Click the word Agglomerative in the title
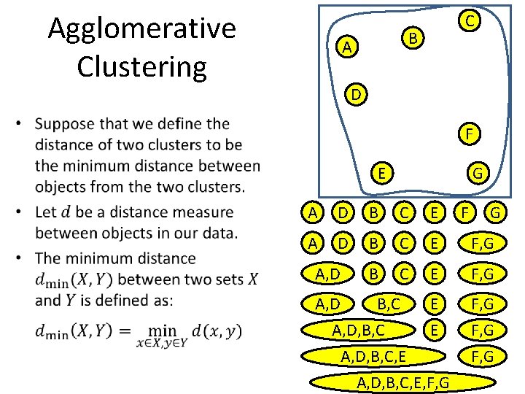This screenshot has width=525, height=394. point(142,29)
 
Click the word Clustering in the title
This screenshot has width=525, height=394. point(142,66)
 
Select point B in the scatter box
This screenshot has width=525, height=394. point(412,36)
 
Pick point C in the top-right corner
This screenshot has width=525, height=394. point(472,21)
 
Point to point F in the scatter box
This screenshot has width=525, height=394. point(470,134)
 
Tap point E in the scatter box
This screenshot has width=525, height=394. point(382,173)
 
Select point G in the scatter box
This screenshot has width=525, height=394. point(477,174)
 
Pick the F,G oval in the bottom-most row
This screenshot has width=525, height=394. point(483,357)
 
